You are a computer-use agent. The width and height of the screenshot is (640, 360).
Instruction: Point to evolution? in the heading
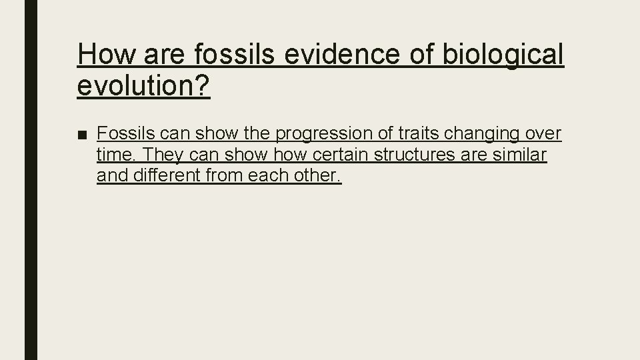[143, 86]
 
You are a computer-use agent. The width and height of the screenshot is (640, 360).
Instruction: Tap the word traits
[419, 134]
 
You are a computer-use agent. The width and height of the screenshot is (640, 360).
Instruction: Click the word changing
[485, 134]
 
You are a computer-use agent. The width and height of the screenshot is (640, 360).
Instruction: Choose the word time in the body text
[115, 155]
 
